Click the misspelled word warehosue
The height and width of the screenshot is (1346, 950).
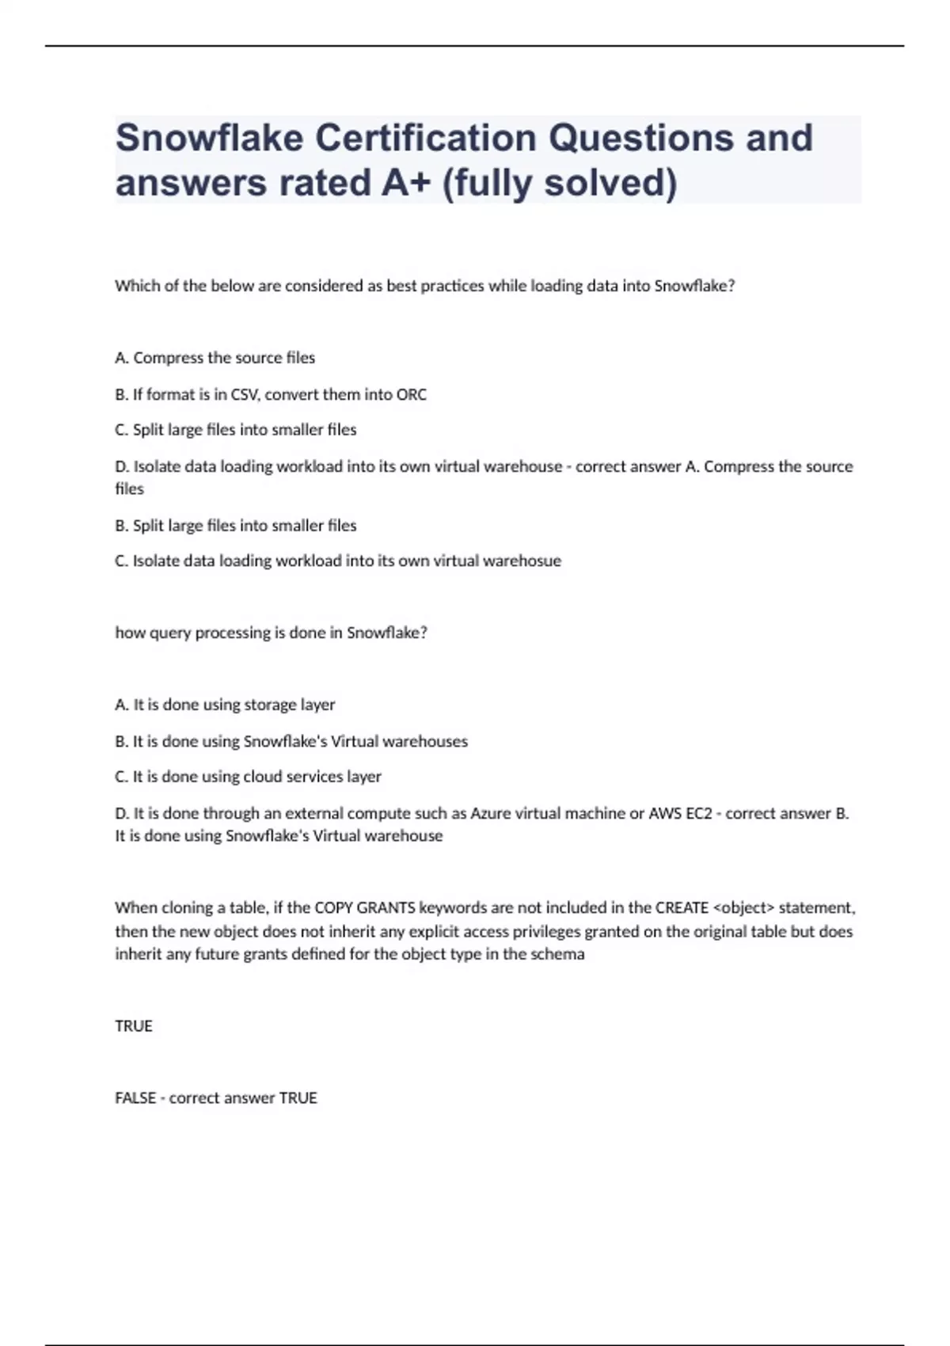point(522,561)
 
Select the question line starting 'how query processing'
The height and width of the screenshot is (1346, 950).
point(271,633)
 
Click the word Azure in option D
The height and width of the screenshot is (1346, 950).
point(491,813)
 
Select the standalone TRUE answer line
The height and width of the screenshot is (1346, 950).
point(134,1026)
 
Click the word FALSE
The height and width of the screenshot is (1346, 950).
point(135,1098)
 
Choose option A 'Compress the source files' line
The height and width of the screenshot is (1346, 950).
point(215,358)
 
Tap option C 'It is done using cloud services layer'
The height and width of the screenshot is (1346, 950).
point(248,777)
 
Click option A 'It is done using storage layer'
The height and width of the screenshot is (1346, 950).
point(225,705)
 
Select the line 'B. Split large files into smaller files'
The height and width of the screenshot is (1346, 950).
point(235,526)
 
